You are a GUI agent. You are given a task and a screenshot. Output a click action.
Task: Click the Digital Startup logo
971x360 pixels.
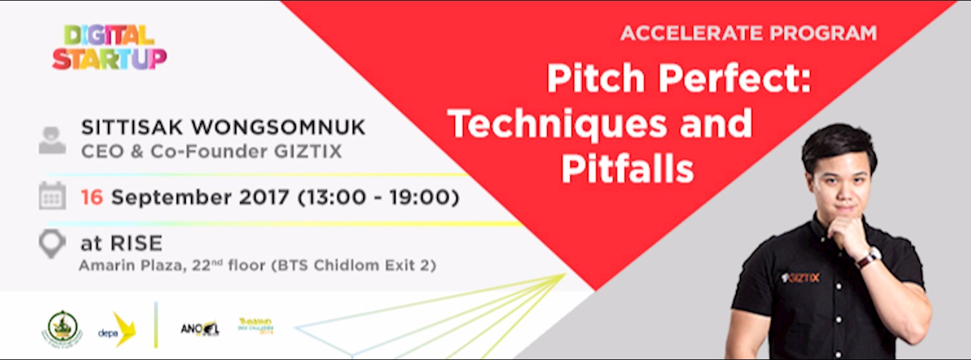pyautogui.click(x=109, y=47)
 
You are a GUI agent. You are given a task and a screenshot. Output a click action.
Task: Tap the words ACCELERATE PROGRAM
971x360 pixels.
pyautogui.click(x=748, y=33)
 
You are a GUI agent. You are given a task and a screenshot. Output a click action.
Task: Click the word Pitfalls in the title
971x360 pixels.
pyautogui.click(x=627, y=169)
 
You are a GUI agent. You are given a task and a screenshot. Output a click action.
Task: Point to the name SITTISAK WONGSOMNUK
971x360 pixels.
pyautogui.click(x=223, y=128)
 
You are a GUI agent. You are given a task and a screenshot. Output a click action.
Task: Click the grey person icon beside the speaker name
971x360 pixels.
pyautogui.click(x=52, y=140)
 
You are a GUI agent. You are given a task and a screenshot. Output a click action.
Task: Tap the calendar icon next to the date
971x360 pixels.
pyautogui.click(x=52, y=196)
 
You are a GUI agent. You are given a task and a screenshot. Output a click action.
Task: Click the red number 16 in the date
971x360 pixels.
pyautogui.click(x=92, y=197)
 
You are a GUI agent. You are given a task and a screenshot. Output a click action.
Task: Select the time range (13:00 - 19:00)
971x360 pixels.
pyautogui.click(x=378, y=197)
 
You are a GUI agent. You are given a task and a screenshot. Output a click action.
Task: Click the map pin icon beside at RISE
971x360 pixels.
pyautogui.click(x=52, y=244)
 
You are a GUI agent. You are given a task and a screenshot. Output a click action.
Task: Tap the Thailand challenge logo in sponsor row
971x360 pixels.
pyautogui.click(x=255, y=325)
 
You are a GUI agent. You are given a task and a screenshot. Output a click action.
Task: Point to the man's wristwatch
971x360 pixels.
pyautogui.click(x=868, y=258)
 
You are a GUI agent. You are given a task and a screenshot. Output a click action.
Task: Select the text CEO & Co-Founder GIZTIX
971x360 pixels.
pyautogui.click(x=212, y=152)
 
